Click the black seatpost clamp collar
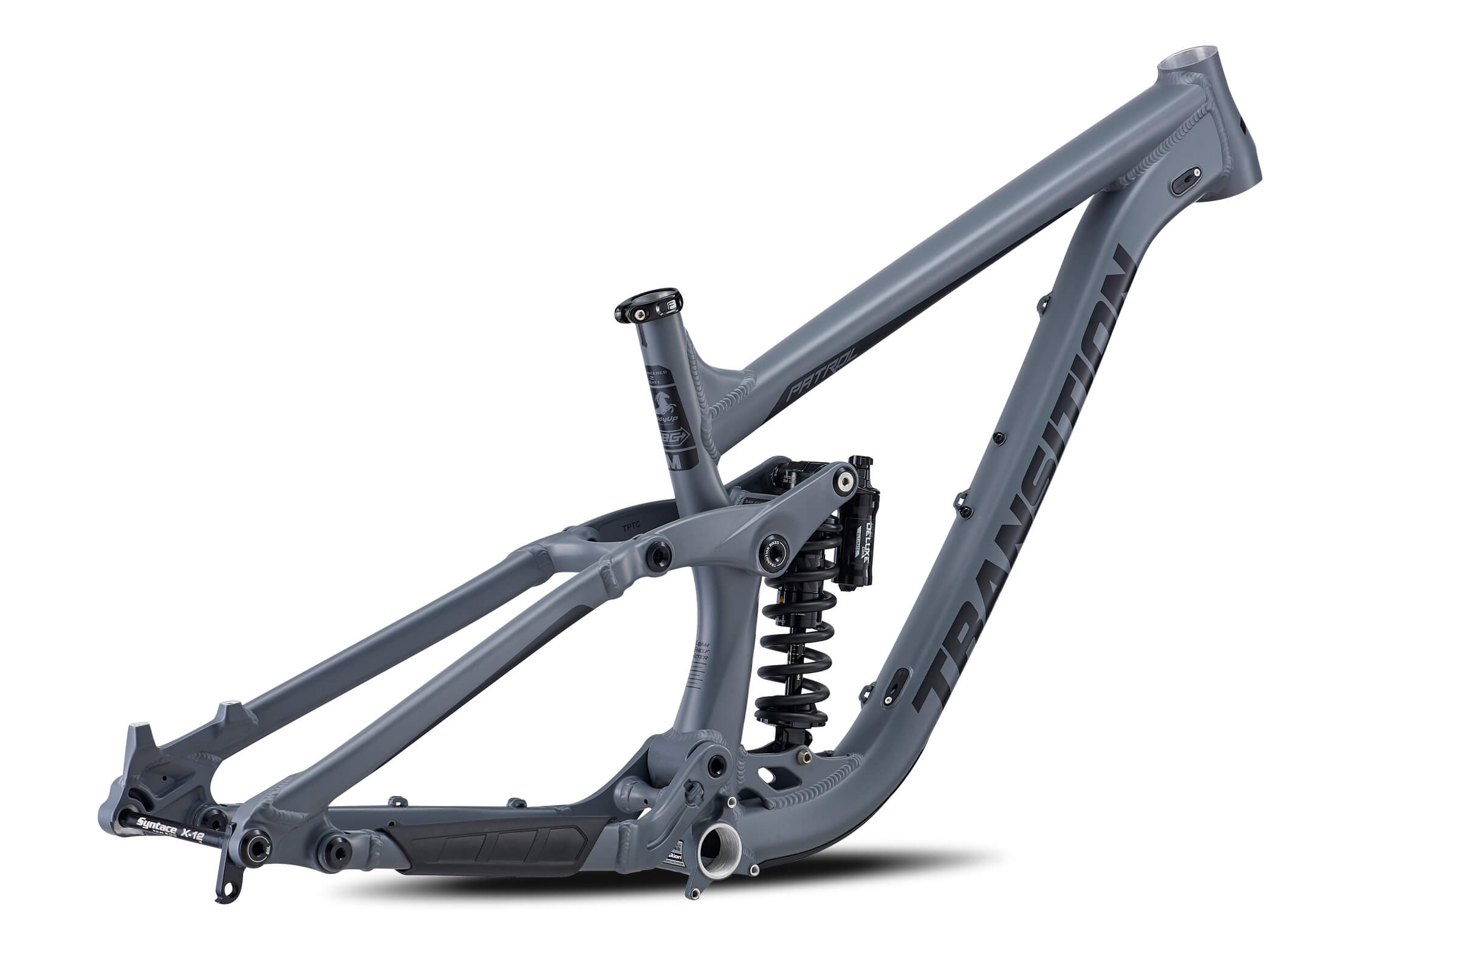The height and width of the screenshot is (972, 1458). [x=648, y=305]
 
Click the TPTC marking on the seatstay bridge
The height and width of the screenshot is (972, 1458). [x=632, y=527]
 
